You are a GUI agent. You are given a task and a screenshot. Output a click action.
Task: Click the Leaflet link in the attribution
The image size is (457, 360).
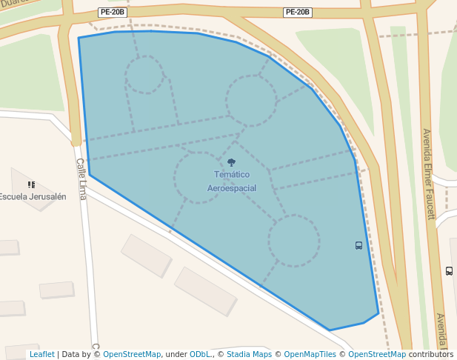(x=41, y=355)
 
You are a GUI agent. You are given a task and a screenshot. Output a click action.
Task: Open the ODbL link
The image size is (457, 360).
(x=199, y=355)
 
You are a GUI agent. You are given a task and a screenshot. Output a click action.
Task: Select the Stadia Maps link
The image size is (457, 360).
(x=249, y=355)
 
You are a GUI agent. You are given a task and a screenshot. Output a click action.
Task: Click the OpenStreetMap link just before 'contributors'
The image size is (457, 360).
(x=376, y=355)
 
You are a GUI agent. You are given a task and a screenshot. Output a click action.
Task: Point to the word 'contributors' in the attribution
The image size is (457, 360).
(x=431, y=355)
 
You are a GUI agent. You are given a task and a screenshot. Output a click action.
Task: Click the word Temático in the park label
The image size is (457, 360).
(x=232, y=175)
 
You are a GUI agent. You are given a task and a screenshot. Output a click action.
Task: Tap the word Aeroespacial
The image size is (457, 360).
(x=232, y=188)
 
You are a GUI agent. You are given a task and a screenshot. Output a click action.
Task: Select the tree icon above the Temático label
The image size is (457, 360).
(x=232, y=162)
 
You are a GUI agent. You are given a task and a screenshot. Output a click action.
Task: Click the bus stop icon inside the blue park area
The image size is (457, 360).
(x=359, y=245)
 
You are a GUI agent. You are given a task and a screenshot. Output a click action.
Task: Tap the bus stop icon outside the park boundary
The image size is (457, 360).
(x=449, y=270)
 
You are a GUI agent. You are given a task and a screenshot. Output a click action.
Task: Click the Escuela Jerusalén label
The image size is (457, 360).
(x=33, y=197)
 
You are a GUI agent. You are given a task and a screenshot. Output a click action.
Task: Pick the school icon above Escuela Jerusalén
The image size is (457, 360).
(x=31, y=184)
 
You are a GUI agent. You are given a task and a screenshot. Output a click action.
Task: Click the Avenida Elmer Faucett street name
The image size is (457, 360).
(x=429, y=174)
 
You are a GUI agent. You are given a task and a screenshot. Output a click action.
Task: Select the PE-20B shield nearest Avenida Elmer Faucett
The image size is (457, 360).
(x=298, y=12)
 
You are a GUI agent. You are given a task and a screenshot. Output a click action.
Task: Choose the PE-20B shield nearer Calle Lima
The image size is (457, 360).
(x=111, y=13)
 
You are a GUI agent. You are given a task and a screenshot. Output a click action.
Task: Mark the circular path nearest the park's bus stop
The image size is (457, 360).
(x=294, y=241)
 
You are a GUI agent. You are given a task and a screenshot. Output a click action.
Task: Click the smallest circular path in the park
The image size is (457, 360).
(x=144, y=75)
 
